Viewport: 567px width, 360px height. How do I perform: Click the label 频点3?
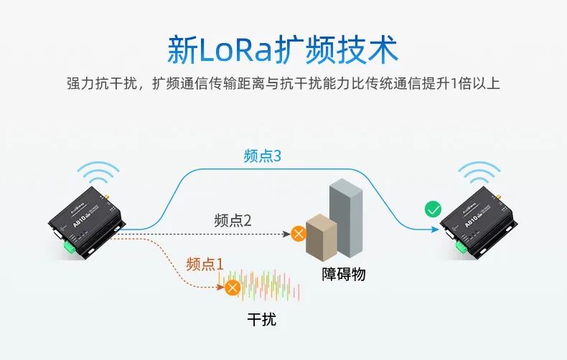pyautogui.click(x=262, y=156)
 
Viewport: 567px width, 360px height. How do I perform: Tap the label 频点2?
pyautogui.click(x=233, y=220)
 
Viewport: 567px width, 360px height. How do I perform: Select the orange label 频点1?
pyautogui.click(x=205, y=263)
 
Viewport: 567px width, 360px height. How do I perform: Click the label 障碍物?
pyautogui.click(x=344, y=273)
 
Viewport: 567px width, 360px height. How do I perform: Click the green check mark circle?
pyautogui.click(x=433, y=210)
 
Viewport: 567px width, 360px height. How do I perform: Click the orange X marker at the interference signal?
pyautogui.click(x=232, y=288)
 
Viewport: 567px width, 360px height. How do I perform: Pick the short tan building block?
pyautogui.click(x=321, y=236)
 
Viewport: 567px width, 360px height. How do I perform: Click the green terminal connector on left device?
pyautogui.click(x=70, y=247)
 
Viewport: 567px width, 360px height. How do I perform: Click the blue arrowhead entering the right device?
pyautogui.click(x=436, y=229)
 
